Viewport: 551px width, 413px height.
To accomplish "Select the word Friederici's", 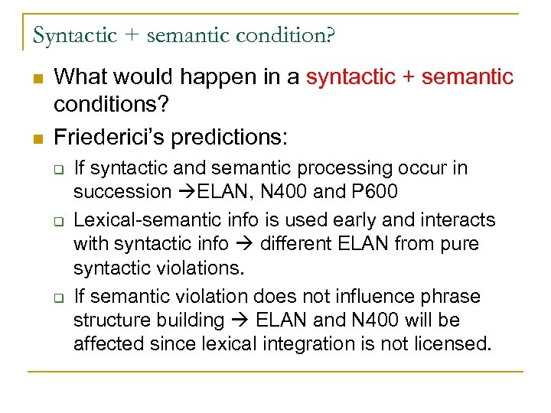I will coord(112,138).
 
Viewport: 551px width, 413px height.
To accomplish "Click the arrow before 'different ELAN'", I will coord(249,243).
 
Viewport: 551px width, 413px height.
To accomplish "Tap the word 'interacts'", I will coord(462,220).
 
